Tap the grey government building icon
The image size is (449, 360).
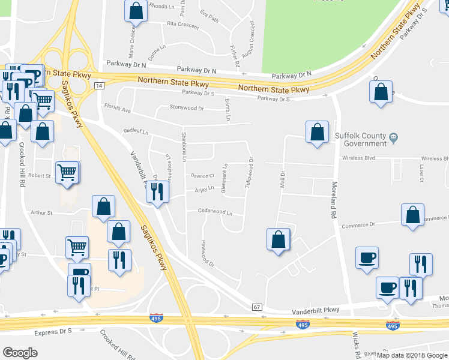pyautogui.click(x=393, y=137)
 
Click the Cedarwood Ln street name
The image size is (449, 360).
pyautogui.click(x=215, y=212)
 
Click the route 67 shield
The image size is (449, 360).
pyautogui.click(x=257, y=307)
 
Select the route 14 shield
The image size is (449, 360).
pyautogui.click(x=99, y=86)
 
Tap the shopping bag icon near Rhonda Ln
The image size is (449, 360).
pyautogui.click(x=136, y=11)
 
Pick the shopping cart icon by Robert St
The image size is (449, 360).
pyautogui.click(x=67, y=172)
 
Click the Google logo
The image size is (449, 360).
pyautogui.click(x=20, y=353)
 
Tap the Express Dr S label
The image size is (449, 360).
pyautogui.click(x=53, y=332)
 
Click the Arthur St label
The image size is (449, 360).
pyautogui.click(x=42, y=212)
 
